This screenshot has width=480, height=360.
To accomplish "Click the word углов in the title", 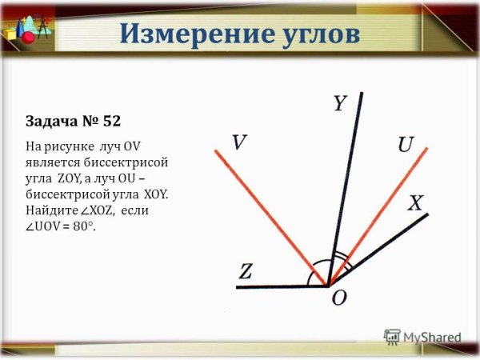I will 316,34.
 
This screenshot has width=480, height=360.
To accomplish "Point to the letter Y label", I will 340,104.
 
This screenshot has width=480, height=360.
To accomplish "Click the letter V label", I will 239,142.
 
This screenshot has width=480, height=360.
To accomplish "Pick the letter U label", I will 406,145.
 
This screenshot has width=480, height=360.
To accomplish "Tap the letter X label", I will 415,203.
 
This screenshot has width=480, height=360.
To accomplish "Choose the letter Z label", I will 246,272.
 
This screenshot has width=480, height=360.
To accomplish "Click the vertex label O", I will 338,298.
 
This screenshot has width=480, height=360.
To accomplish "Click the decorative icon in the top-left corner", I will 19,26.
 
